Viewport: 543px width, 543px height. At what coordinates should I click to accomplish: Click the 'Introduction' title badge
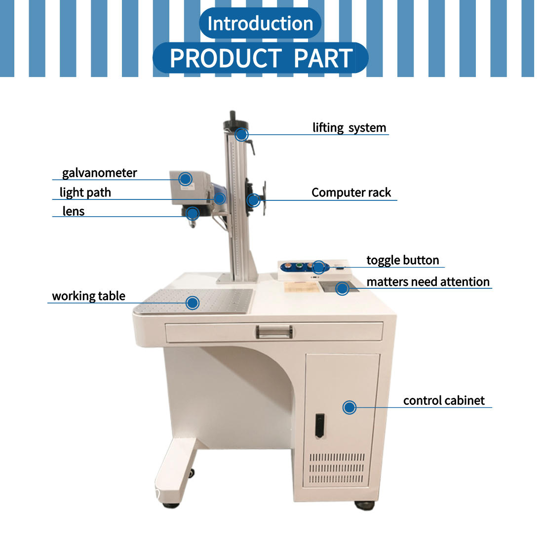pyautogui.click(x=260, y=23)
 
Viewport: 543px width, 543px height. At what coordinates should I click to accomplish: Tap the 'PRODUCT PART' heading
pyautogui.click(x=261, y=58)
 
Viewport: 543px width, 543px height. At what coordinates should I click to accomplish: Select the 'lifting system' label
pyautogui.click(x=349, y=128)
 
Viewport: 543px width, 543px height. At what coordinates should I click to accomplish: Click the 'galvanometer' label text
pyautogui.click(x=99, y=173)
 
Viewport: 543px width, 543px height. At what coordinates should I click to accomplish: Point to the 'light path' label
pyautogui.click(x=85, y=193)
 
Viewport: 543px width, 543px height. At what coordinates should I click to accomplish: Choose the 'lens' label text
pyautogui.click(x=74, y=211)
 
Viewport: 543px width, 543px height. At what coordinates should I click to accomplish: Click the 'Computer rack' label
pyautogui.click(x=351, y=193)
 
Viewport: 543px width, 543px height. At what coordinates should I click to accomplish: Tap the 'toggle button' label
pyautogui.click(x=403, y=260)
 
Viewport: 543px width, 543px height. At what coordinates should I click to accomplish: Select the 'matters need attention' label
pyautogui.click(x=428, y=282)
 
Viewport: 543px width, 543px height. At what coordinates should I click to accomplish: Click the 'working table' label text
pyautogui.click(x=89, y=296)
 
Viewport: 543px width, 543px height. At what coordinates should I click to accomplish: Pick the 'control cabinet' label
pyautogui.click(x=444, y=401)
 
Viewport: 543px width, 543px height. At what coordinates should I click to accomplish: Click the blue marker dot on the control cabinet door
pyautogui.click(x=349, y=407)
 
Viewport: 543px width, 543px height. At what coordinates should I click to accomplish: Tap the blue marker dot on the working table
pyautogui.click(x=192, y=303)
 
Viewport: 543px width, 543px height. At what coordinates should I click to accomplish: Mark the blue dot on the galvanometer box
pyautogui.click(x=186, y=179)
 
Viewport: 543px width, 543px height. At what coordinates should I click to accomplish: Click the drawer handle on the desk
pyautogui.click(x=274, y=332)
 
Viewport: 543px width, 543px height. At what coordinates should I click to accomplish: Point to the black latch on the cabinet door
pyautogui.click(x=320, y=425)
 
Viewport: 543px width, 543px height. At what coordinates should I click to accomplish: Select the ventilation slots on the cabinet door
pyautogui.click(x=337, y=468)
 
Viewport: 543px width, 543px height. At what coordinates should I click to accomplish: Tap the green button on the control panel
pyautogui.click(x=299, y=266)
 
